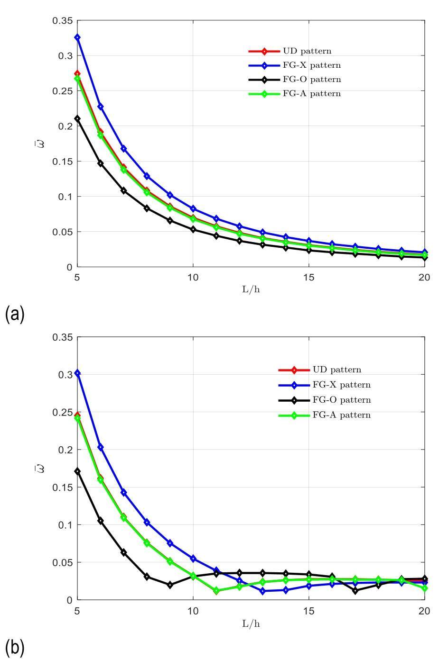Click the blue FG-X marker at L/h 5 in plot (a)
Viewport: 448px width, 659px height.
click(x=77, y=37)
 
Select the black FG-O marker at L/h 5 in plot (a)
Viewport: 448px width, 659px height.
click(x=77, y=118)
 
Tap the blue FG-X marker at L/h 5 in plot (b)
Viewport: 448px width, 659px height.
click(x=77, y=373)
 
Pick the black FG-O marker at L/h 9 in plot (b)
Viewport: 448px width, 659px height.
click(x=170, y=585)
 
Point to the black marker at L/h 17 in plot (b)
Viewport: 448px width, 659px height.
click(x=355, y=590)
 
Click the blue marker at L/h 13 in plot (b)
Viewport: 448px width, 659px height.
click(x=262, y=591)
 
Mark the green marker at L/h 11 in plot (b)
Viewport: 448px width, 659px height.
click(x=216, y=591)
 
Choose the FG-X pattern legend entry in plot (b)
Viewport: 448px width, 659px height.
click(x=341, y=385)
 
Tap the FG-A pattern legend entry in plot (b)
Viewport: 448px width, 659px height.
click(x=341, y=415)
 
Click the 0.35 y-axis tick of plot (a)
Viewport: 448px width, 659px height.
click(x=62, y=21)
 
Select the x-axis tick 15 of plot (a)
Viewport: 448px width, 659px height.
click(x=309, y=277)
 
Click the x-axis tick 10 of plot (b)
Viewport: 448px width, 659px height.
click(x=193, y=611)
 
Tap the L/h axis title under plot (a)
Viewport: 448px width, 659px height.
click(x=251, y=289)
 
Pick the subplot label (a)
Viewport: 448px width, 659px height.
click(x=15, y=314)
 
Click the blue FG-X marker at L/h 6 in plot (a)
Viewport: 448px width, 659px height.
click(x=101, y=107)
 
